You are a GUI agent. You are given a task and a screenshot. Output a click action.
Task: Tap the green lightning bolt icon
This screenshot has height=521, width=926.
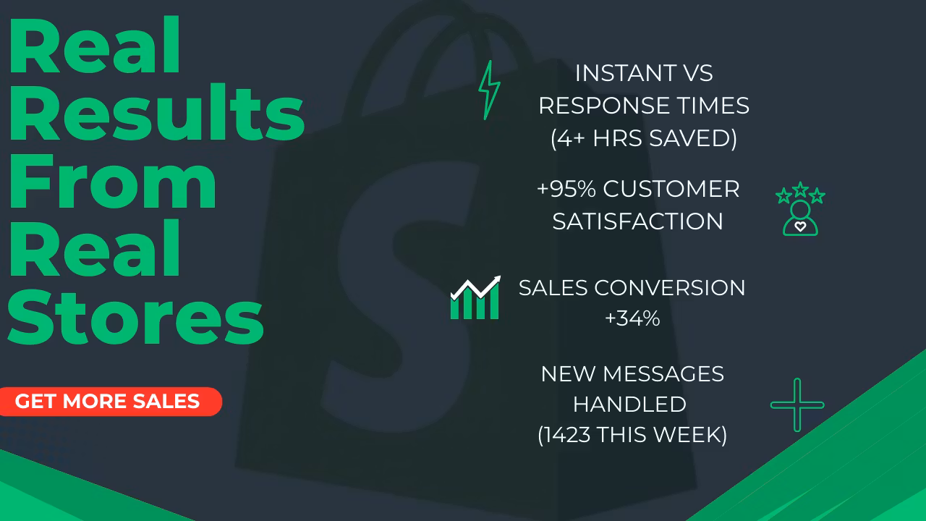tap(490, 90)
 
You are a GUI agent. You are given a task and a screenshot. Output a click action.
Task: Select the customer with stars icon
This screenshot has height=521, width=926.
tap(800, 209)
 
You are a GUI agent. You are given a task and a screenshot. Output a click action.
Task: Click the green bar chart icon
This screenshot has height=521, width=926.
tap(475, 297)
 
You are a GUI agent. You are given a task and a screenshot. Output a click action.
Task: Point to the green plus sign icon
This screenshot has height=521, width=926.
tap(797, 404)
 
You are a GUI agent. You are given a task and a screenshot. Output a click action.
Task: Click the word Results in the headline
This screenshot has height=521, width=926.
tap(156, 112)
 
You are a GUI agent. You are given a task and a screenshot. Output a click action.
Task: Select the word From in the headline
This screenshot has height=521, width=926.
tap(112, 181)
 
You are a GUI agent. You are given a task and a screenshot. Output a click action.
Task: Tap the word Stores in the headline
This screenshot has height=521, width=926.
tap(135, 317)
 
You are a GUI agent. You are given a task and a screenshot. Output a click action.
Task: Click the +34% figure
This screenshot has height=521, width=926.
tap(632, 318)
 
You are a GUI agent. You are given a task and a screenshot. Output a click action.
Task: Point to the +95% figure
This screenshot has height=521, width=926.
tap(566, 189)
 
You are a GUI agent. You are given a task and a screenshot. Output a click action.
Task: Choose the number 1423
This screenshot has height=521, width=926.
tap(566, 435)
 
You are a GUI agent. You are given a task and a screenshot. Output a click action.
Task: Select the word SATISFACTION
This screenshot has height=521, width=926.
tap(638, 221)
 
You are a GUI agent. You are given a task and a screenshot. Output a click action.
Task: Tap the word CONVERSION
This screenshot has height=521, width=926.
tap(670, 288)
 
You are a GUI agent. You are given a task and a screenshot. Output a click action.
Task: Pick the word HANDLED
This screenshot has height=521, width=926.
tap(629, 404)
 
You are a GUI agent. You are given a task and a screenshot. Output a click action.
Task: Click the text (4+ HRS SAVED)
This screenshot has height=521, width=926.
tap(644, 138)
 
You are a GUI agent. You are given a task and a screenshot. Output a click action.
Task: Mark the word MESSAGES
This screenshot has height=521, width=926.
tap(663, 374)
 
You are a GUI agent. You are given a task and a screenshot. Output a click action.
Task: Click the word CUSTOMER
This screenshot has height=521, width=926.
tap(671, 189)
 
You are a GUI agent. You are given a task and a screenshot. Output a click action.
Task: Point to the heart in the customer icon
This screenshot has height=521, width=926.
tap(800, 226)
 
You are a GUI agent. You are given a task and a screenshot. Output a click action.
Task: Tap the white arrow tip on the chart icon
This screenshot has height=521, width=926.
tap(500, 276)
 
